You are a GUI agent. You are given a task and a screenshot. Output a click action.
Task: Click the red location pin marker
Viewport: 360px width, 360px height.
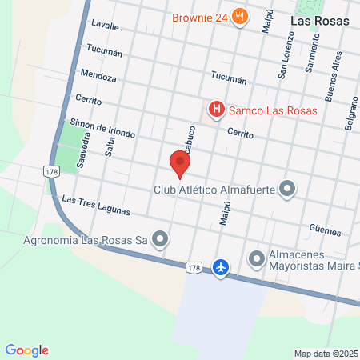(180, 164)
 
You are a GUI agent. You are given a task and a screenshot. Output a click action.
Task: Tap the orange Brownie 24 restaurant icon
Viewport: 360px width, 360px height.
(239, 17)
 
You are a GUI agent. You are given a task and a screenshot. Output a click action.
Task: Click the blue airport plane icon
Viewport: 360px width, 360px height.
(222, 266)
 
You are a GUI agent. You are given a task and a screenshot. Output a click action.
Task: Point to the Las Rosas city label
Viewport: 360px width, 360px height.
(319, 22)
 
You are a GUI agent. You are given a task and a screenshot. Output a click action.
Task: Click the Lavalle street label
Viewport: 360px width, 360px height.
(105, 26)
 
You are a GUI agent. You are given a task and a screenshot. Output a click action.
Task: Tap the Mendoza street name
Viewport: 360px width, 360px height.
(98, 78)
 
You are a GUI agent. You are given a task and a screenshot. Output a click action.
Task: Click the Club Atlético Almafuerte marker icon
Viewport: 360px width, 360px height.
(287, 190)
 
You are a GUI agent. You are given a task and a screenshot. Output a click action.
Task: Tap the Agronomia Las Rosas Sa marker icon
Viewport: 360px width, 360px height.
(161, 238)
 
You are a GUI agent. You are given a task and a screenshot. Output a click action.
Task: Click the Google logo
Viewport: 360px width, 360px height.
(26, 350)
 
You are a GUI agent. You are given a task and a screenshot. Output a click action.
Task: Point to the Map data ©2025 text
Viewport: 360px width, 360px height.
(326, 354)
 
